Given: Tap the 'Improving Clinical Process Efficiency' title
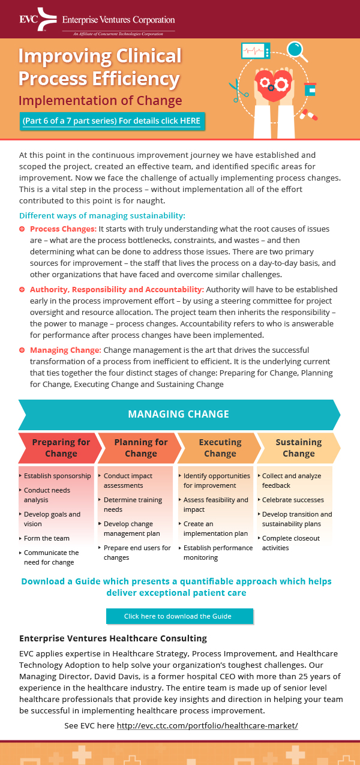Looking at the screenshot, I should pyautogui.click(x=100, y=67).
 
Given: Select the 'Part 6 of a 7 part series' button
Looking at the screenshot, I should pyautogui.click(x=112, y=121).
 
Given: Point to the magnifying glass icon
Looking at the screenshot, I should pyautogui.click(x=296, y=50).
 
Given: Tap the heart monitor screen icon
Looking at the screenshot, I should pyautogui.click(x=256, y=51).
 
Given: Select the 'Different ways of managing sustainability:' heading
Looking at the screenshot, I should pyautogui.click(x=102, y=215).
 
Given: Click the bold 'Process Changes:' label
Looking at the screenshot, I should pyautogui.click(x=63, y=229).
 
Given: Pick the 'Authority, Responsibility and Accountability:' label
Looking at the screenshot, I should pyautogui.click(x=117, y=289).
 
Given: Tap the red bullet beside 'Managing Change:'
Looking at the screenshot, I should pyautogui.click(x=22, y=350).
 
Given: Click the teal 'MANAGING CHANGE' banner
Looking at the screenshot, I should pyautogui.click(x=179, y=414).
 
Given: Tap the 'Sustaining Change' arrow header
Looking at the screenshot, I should pyautogui.click(x=298, y=448).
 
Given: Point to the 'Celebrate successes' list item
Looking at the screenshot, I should pyautogui.click(x=293, y=500).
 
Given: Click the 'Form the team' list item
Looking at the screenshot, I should pyautogui.click(x=47, y=538).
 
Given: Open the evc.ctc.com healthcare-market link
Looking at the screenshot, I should pyautogui.click(x=207, y=726).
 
